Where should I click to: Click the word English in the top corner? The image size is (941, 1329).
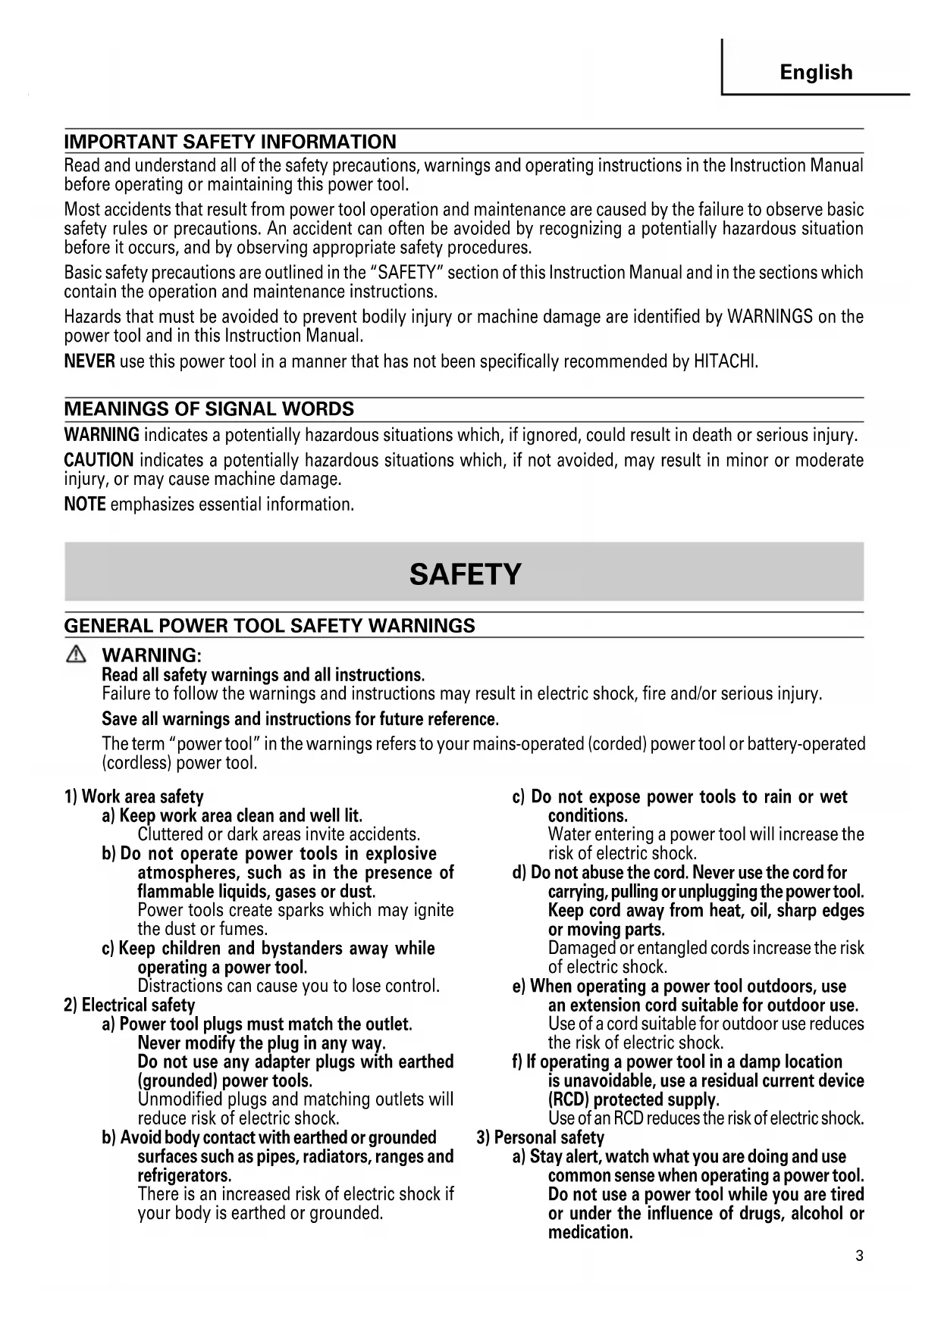[x=816, y=73]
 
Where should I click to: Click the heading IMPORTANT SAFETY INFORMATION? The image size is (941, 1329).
[x=230, y=142]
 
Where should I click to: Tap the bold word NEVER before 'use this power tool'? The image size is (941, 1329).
[x=89, y=361]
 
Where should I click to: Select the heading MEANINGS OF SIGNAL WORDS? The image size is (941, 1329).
[x=209, y=409]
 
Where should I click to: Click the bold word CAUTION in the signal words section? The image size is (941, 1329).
[x=99, y=460]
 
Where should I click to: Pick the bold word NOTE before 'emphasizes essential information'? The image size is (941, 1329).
[x=85, y=504]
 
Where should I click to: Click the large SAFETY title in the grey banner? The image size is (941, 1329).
[x=465, y=574]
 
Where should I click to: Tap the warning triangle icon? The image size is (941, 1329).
[x=76, y=655]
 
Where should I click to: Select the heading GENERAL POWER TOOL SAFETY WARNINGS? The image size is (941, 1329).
[x=269, y=626]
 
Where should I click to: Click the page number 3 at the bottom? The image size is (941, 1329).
[x=859, y=1256]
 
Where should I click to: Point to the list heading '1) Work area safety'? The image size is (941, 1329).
[x=134, y=796]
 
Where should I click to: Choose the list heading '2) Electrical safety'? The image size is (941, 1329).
[x=130, y=1005]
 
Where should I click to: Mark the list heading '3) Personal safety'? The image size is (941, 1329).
[x=540, y=1137]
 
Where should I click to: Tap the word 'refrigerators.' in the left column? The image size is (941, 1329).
[x=184, y=1175]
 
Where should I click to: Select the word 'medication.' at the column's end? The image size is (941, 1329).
[x=590, y=1232]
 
